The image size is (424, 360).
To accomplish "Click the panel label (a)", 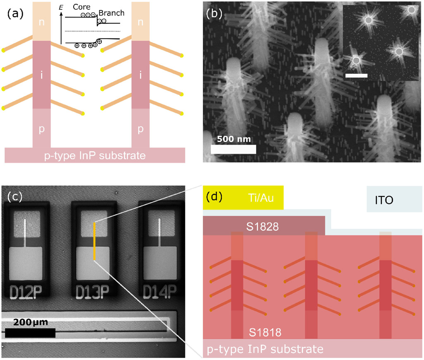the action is [15, 14].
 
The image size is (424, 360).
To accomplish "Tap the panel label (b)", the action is [214, 14].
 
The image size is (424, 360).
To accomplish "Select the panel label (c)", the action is [15, 197].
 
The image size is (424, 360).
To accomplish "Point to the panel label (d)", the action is [214, 197].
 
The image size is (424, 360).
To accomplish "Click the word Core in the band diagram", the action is [82, 7].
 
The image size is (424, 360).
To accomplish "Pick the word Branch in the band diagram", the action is [111, 13].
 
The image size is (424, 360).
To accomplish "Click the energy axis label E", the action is [61, 7].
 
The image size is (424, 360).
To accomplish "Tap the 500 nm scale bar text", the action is [234, 139].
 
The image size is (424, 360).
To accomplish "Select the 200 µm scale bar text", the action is [31, 322].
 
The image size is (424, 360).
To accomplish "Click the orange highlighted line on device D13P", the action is [94, 241].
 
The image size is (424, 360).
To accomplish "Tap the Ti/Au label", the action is [261, 198].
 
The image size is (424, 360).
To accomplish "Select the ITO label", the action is [384, 200].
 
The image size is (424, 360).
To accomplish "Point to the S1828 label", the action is [262, 227].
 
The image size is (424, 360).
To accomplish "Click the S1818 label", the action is [265, 332].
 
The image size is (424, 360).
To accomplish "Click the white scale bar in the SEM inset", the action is [357, 76].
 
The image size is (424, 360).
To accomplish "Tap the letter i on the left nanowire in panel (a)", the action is [41, 75].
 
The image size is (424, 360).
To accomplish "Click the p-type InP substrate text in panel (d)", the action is [265, 349].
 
